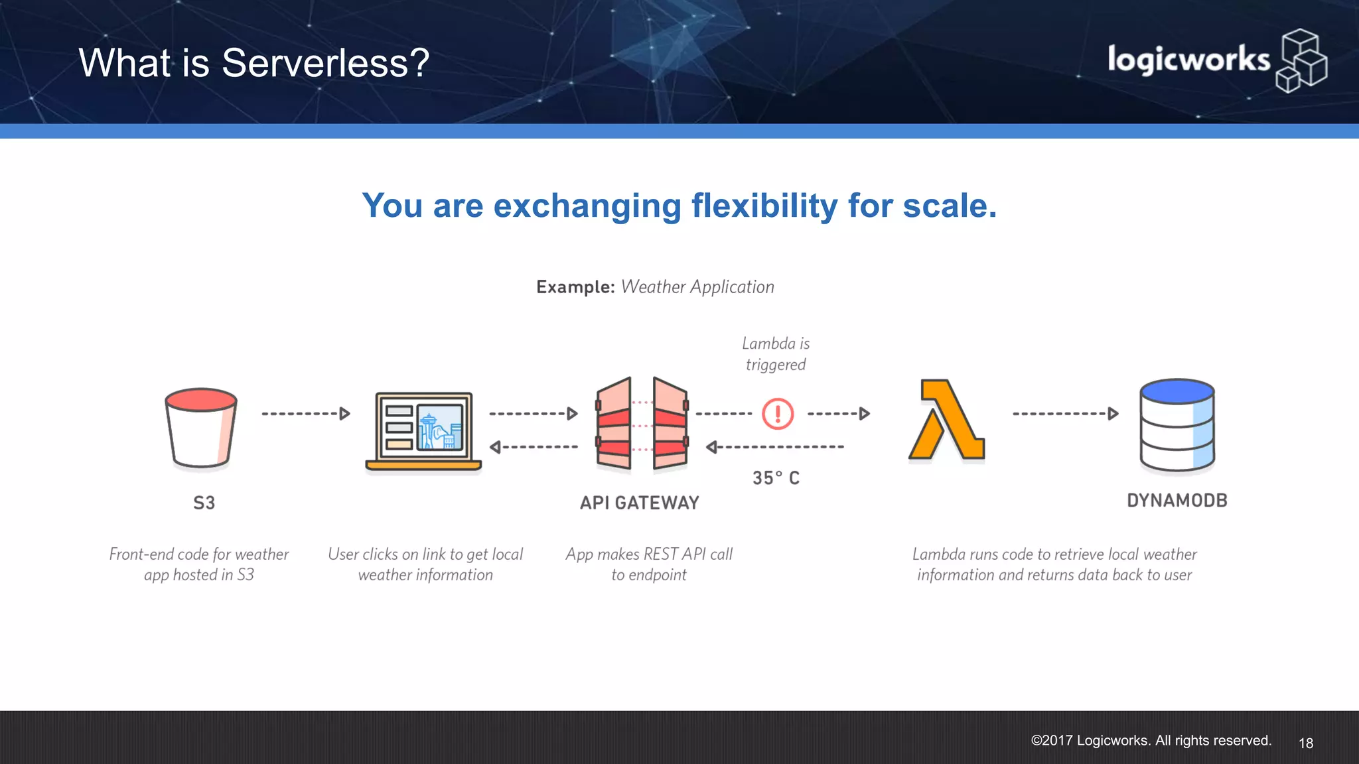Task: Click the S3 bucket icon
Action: point(201,428)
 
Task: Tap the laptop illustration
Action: point(424,431)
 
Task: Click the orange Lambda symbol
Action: point(947,420)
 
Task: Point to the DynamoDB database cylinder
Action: point(1177,424)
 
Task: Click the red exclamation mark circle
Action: point(778,414)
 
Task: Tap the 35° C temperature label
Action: point(776,478)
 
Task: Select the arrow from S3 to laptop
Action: point(306,414)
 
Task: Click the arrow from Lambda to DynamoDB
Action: point(1065,414)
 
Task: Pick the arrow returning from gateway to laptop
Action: point(534,447)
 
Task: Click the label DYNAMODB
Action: point(1177,501)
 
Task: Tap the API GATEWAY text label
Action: point(640,503)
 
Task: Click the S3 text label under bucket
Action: point(204,503)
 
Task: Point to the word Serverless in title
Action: point(325,64)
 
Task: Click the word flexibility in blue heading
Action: point(764,206)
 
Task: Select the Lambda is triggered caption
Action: point(776,354)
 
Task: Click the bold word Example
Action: point(575,287)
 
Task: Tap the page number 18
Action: point(1305,743)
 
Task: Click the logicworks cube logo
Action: point(1301,61)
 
